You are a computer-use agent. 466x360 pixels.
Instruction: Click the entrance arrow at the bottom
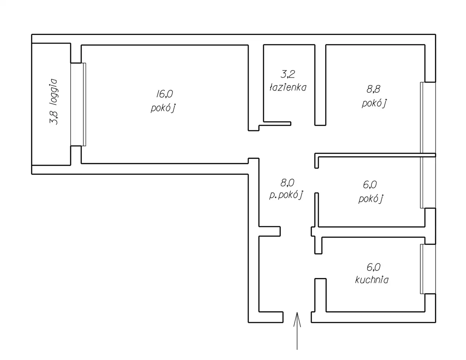[297, 330]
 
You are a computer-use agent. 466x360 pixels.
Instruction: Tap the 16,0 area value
[164, 94]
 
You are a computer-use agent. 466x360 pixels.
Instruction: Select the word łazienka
[288, 87]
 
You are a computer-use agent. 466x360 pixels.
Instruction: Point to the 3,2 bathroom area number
[288, 74]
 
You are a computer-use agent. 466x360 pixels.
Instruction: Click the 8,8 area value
[374, 89]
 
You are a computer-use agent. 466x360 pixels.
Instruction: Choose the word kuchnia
[371, 280]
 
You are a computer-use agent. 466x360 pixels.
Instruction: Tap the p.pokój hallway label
[286, 195]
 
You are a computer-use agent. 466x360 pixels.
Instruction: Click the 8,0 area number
[287, 182]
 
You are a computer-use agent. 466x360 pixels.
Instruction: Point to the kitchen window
[422, 269]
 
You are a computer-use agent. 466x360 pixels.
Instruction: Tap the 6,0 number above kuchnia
[373, 267]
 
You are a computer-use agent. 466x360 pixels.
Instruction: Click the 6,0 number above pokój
[370, 185]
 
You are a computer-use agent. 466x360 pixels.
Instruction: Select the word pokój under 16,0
[163, 108]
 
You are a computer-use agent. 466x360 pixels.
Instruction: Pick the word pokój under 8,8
[374, 103]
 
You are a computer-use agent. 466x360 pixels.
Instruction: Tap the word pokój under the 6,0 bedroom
[371, 199]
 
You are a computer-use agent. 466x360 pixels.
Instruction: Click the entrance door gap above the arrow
[297, 317]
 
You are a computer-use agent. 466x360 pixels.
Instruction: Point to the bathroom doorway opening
[303, 124]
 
